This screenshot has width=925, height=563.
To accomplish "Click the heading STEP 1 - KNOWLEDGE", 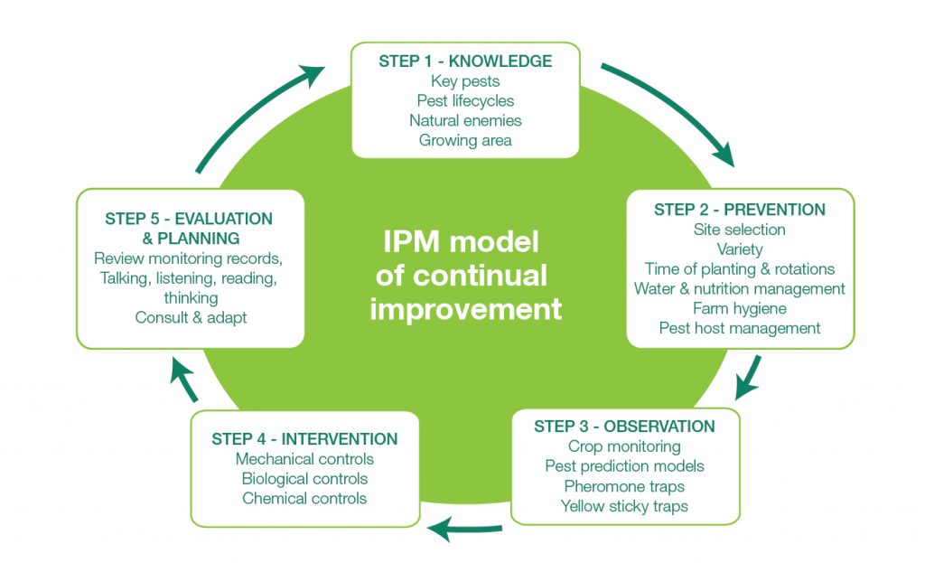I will click(x=465, y=61).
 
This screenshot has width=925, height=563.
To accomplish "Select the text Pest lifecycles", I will click(x=465, y=100).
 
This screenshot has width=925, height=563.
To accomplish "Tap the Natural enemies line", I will click(x=465, y=120).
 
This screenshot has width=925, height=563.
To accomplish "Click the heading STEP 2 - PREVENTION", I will click(x=740, y=210).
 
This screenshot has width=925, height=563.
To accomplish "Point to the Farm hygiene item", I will click(x=740, y=308).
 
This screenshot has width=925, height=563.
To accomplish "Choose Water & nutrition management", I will click(x=740, y=288).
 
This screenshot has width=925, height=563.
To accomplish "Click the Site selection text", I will click(x=740, y=230).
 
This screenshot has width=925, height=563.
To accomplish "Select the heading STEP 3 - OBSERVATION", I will click(x=624, y=427).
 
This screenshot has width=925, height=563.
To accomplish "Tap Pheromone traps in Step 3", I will click(x=624, y=486).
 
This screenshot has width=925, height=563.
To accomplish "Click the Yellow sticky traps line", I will click(x=624, y=506).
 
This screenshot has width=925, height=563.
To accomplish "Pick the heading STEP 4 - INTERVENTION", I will click(x=304, y=439).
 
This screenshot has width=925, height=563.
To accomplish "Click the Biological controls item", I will click(x=304, y=478).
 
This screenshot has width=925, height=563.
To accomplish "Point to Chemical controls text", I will click(x=304, y=498).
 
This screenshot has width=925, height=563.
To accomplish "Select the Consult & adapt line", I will click(x=190, y=317).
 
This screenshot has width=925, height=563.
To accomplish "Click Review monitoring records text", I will click(x=190, y=258).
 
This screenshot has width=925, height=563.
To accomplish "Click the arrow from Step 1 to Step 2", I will click(x=673, y=113).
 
